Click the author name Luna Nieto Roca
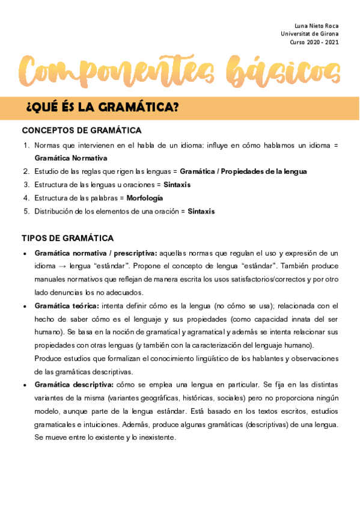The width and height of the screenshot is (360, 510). [x=316, y=26]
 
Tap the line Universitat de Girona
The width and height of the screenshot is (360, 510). [x=310, y=34]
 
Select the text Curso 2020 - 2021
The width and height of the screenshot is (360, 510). [x=314, y=43]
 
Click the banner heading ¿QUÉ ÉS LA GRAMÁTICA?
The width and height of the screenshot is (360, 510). [x=103, y=108]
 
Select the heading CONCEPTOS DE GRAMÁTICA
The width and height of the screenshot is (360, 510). [x=82, y=131]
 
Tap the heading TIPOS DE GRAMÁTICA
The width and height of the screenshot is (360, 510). [x=67, y=238]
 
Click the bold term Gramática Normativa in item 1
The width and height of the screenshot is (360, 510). [x=71, y=158]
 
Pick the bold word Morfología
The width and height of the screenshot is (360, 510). [x=145, y=198]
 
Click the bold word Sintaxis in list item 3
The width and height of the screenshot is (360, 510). [x=177, y=185]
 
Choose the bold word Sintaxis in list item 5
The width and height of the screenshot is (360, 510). [x=201, y=211]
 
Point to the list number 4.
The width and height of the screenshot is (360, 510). [x=26, y=198]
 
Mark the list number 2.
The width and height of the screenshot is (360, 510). [x=26, y=171]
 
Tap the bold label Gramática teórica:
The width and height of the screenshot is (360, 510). [x=67, y=306]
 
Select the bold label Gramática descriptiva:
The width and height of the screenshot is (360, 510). [x=74, y=384]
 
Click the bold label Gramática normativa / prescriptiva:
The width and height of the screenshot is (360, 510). [x=96, y=253]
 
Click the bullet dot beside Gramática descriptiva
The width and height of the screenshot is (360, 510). [x=24, y=385]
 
